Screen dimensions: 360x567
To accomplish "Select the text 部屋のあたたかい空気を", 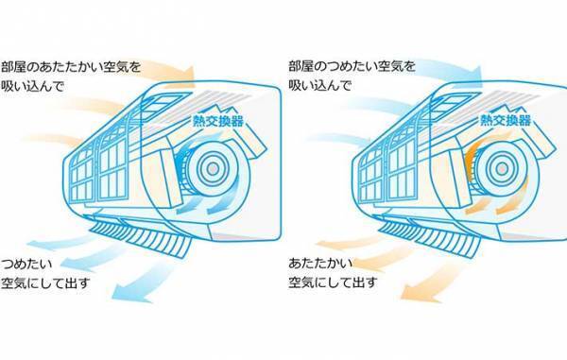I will coord(75,67).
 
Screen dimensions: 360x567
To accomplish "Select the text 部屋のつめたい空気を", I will coord(352,67).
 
